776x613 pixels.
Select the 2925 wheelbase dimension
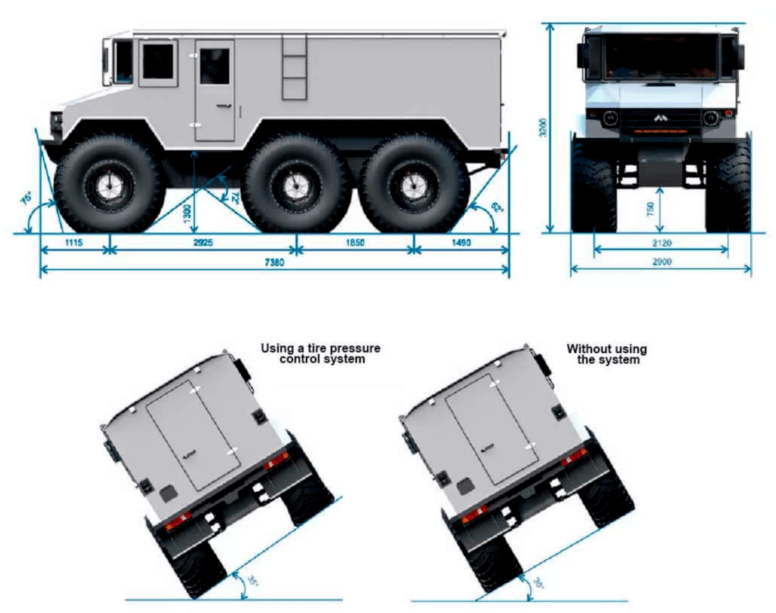(x=203, y=243)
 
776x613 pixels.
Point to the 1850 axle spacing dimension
(x=354, y=243)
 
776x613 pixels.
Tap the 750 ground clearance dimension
(x=651, y=209)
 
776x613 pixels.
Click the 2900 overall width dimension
(x=662, y=263)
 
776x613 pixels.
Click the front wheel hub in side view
(x=108, y=184)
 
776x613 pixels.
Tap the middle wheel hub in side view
(x=295, y=184)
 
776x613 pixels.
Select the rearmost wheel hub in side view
(x=412, y=184)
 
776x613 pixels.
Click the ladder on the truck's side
(x=294, y=67)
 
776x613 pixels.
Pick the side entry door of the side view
(x=215, y=91)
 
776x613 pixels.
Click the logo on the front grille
(x=660, y=118)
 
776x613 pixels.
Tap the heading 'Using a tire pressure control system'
(x=320, y=354)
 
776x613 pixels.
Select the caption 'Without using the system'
(x=607, y=354)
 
